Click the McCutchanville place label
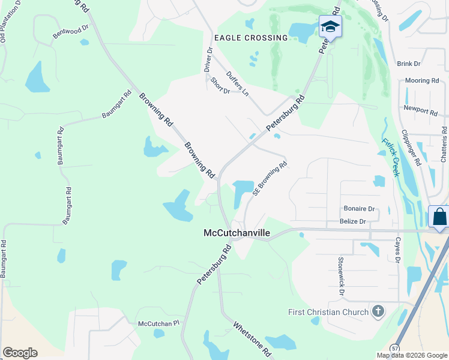tap(237, 233)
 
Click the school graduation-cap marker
tap(330, 26)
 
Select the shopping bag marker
tap(439, 217)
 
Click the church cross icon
tap(378, 311)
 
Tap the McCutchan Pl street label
tap(159, 323)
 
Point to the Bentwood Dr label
tap(70, 32)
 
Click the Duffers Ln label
tap(237, 83)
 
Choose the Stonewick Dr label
tap(340, 275)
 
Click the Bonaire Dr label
tap(359, 209)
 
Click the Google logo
tap(20, 353)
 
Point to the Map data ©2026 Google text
tap(412, 355)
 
